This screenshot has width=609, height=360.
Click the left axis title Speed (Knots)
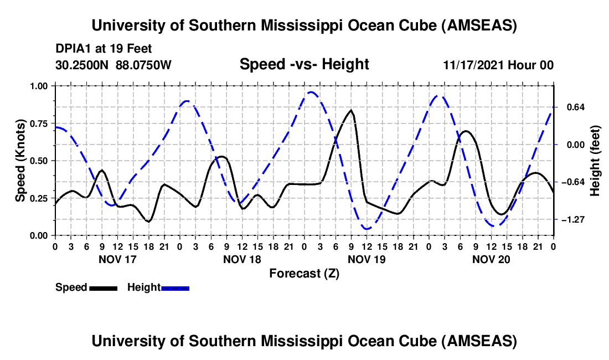click(20, 161)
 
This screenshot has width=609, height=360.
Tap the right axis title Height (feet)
click(595, 161)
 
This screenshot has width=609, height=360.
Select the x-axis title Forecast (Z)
click(304, 273)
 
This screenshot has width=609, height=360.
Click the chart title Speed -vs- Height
click(304, 65)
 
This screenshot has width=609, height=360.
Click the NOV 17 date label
click(117, 259)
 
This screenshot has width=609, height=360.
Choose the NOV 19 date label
click(366, 259)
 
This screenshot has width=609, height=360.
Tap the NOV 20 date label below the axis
click(491, 259)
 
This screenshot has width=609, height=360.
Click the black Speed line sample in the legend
click(103, 287)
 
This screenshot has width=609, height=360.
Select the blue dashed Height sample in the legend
click(175, 287)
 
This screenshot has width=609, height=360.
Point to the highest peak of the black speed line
click(350, 110)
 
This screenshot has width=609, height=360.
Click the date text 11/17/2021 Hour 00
click(498, 65)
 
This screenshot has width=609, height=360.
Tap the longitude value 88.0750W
click(144, 65)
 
